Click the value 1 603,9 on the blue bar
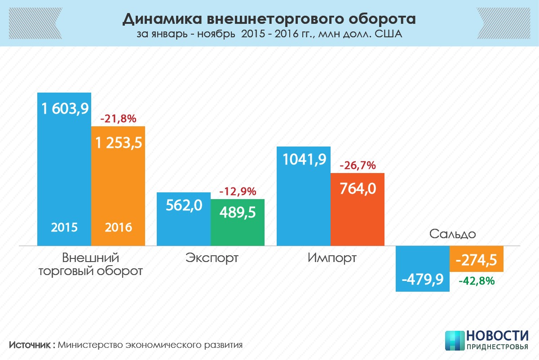pos(65,108)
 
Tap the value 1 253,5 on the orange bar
pos(118,142)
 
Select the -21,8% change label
pos(118,119)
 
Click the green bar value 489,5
pos(238,212)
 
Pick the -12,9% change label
pos(238,191)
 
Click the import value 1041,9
pos(304,160)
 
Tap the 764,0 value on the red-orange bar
pos(358,188)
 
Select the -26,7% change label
pos(358,165)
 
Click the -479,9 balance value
pos(423,279)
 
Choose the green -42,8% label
pos(477,281)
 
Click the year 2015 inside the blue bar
pos(64,227)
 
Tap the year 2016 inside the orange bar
pos(119,227)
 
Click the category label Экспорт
pos(212,258)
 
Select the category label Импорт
pos(332,258)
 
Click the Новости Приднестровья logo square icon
pos(454,341)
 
